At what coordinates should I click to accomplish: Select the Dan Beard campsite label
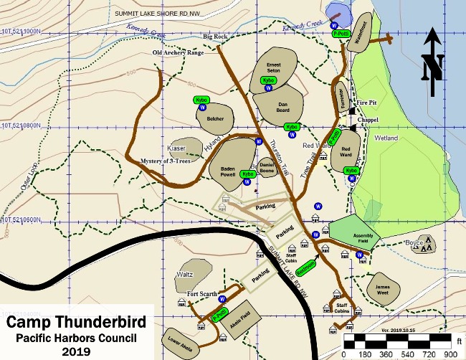pyautogui.click(x=282, y=107)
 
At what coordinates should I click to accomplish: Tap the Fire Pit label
pyautogui.click(x=366, y=103)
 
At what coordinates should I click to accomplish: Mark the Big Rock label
pyautogui.click(x=215, y=36)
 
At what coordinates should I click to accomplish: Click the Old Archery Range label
pyautogui.click(x=179, y=53)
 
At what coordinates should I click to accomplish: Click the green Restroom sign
pyautogui.click(x=307, y=267)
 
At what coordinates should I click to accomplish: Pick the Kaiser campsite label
pyautogui.click(x=176, y=148)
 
